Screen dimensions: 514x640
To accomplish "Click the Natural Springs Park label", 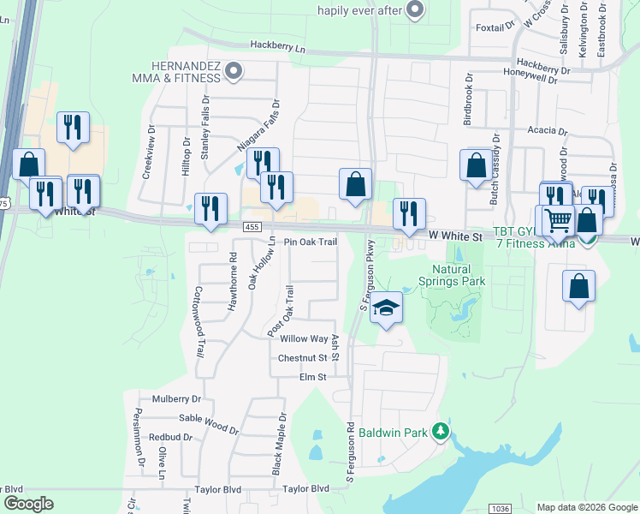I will pos(452,274).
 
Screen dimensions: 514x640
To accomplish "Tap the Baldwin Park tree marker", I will pos(441,432).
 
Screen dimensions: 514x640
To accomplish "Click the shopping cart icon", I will pos(558,221).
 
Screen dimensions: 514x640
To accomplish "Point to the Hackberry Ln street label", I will pos(277,46).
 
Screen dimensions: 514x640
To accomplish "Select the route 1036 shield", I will pos(501,508).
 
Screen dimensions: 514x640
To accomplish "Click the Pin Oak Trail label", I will pos(311,242).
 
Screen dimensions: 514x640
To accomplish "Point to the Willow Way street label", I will pos(305,339).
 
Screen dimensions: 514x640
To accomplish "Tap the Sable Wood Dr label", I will pos(209,420).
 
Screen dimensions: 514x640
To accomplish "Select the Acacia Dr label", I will pos(548,131).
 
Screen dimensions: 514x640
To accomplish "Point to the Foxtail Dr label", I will pos(490,27).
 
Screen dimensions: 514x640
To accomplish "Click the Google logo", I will pos(28,504).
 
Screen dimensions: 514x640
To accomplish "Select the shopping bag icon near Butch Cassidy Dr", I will pos(475,166).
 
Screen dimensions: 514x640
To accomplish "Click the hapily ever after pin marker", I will pos(415,10).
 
